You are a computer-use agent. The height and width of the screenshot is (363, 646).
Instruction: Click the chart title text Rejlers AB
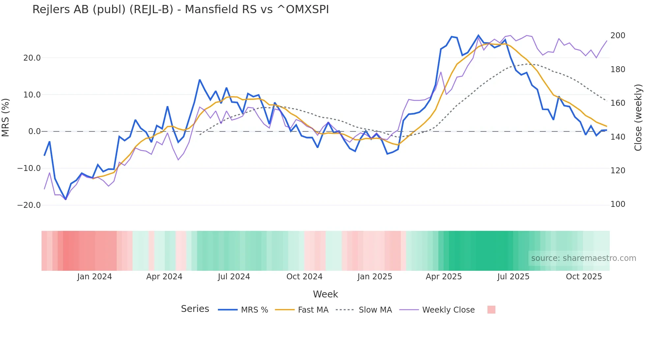click(x=180, y=10)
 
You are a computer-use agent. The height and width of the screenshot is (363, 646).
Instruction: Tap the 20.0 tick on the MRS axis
click(x=32, y=58)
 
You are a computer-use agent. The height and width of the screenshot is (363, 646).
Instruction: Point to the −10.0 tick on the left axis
click(x=29, y=168)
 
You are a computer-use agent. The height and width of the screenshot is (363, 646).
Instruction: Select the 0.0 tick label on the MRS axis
click(x=34, y=131)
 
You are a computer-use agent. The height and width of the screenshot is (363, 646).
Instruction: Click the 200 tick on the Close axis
click(x=618, y=36)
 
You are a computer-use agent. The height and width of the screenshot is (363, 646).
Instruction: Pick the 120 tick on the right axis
click(x=618, y=171)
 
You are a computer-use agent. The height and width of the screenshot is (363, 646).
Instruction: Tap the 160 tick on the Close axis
click(x=618, y=103)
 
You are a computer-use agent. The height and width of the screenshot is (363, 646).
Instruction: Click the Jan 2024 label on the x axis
click(x=95, y=277)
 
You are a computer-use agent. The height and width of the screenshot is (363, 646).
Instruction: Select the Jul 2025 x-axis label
click(x=513, y=277)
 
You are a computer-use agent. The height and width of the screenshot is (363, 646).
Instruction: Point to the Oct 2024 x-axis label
click(x=304, y=277)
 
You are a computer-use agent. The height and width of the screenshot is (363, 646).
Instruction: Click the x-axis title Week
click(x=325, y=294)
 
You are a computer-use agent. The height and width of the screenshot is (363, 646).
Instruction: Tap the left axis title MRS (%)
click(x=6, y=118)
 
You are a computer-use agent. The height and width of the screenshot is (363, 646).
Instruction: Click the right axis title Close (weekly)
click(x=638, y=118)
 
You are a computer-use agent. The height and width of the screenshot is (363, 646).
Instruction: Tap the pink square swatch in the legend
click(x=491, y=310)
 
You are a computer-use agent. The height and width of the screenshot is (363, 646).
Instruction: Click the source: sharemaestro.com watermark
click(x=583, y=258)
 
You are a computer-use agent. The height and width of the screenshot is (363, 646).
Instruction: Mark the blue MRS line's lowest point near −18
click(x=66, y=199)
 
